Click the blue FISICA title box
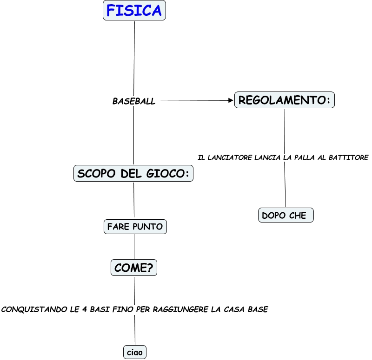(134, 10)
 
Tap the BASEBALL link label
(134, 101)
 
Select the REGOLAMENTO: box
(285, 100)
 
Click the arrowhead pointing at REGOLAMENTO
(231, 100)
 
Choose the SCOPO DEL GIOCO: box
(133, 173)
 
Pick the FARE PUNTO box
(135, 227)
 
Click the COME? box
(134, 268)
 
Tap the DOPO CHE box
(286, 215)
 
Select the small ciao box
(135, 352)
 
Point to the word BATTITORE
(348, 157)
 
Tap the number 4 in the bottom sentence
(85, 309)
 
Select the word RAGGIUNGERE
(180, 309)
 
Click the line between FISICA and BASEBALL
(134, 59)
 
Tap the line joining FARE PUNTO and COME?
(134, 247)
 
